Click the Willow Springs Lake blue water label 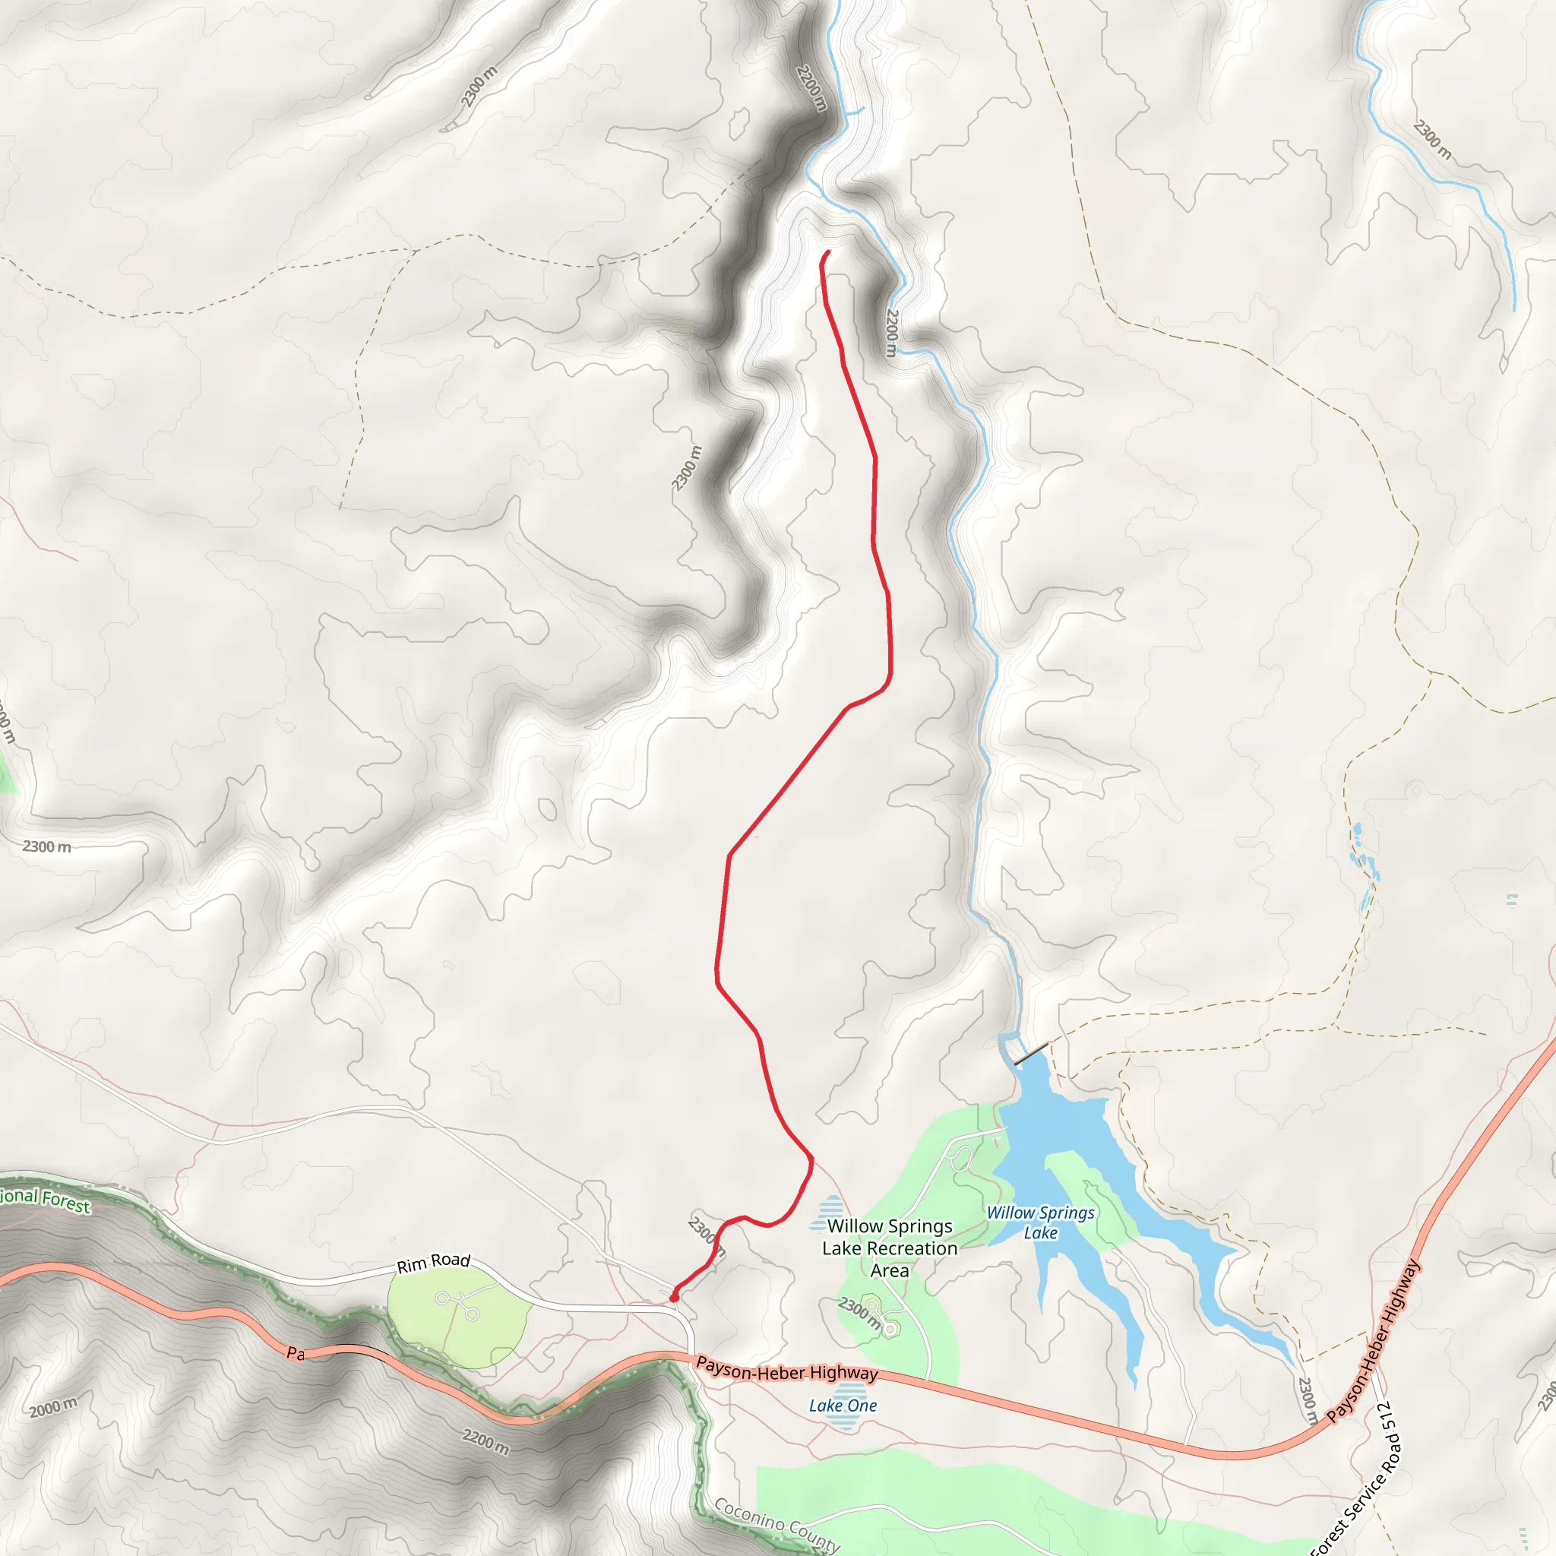click(x=1040, y=1222)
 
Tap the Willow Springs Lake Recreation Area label click(x=889, y=1248)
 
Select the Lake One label click(x=843, y=1406)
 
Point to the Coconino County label click(x=777, y=1524)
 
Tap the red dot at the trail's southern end click(x=673, y=1298)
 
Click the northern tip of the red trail click(x=828, y=252)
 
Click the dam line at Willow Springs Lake click(x=1032, y=1052)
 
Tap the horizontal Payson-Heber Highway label click(x=786, y=1368)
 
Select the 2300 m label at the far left click(x=46, y=846)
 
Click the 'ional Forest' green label click(x=44, y=1198)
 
